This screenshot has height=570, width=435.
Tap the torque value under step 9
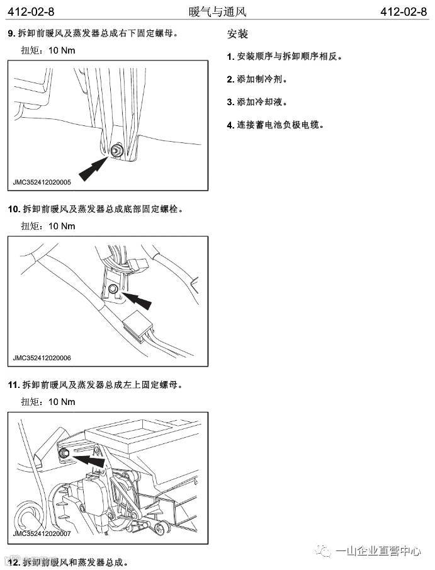(61, 50)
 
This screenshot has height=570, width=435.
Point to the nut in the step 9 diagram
(116, 151)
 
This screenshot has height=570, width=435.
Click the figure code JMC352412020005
(42, 183)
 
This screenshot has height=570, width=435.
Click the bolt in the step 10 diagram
(113, 289)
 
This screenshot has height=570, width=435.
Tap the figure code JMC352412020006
(42, 358)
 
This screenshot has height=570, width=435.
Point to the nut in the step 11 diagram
(64, 454)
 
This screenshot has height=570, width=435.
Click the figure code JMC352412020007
(42, 534)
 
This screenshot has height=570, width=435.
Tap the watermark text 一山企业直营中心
(378, 551)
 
